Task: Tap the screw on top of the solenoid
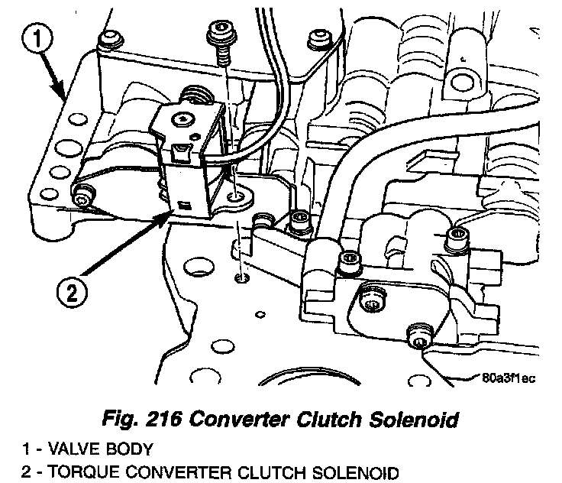click(x=182, y=118)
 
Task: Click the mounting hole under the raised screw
click(x=241, y=197)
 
